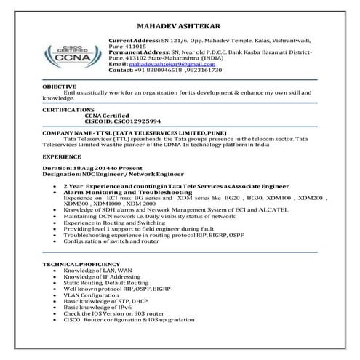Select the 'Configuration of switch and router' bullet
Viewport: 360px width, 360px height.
(113, 241)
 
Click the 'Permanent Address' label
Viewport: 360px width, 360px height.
(135, 53)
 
